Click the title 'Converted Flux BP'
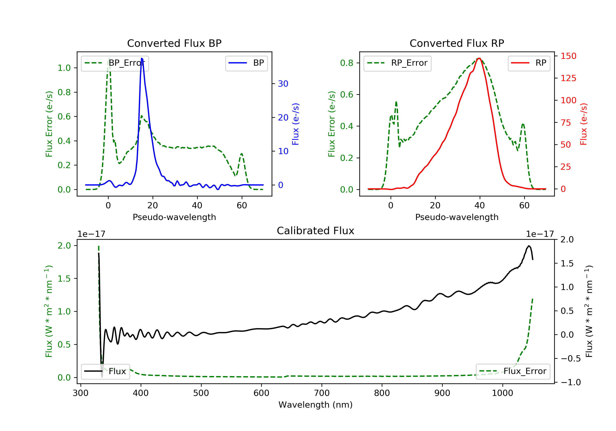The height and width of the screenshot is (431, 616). [x=174, y=43]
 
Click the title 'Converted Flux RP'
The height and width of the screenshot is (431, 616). [x=457, y=43]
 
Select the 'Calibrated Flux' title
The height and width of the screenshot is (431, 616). [x=316, y=231]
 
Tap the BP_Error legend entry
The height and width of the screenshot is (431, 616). [x=115, y=63]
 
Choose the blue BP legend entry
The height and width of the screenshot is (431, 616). [x=246, y=63]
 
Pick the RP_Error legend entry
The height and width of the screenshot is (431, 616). [x=397, y=63]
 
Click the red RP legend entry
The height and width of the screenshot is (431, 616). [x=529, y=63]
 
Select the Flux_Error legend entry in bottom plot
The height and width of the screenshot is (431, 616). [x=513, y=371]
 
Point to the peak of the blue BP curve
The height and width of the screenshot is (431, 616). [x=142, y=58]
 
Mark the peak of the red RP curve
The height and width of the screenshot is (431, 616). [x=479, y=58]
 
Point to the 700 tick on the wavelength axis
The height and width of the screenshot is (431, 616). [x=322, y=393]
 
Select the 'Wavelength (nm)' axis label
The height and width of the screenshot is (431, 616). [x=316, y=405]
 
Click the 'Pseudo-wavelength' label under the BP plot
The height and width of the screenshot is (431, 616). [x=174, y=217]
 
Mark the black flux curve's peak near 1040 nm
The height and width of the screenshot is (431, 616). [x=529, y=246]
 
